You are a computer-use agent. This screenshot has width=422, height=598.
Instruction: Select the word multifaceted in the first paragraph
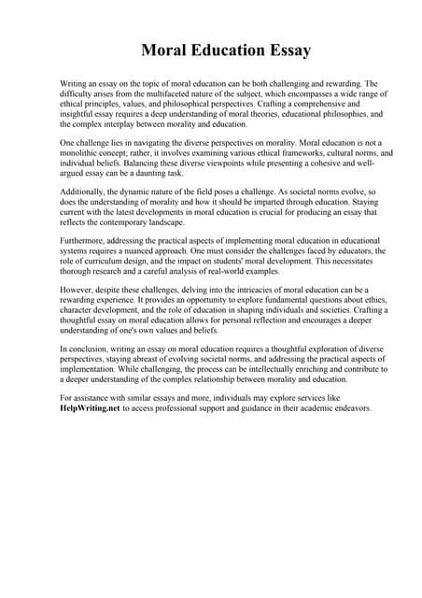(x=166, y=93)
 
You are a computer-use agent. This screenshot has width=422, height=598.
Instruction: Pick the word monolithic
(x=86, y=152)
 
